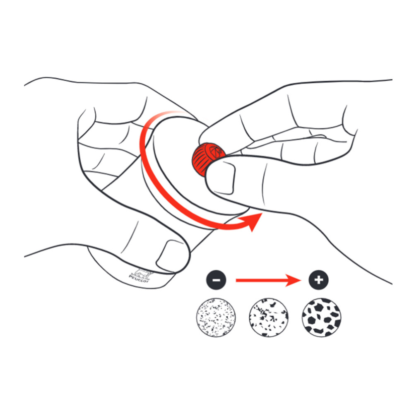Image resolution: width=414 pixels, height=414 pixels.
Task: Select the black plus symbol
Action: (318, 280)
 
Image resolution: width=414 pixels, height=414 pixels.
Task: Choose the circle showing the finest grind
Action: (216, 317)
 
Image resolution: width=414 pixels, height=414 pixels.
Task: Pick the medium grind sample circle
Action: (268, 317)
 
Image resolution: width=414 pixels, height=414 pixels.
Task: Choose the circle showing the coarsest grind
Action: (322, 317)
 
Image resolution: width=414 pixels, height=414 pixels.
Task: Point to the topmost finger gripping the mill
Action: (124, 99)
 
